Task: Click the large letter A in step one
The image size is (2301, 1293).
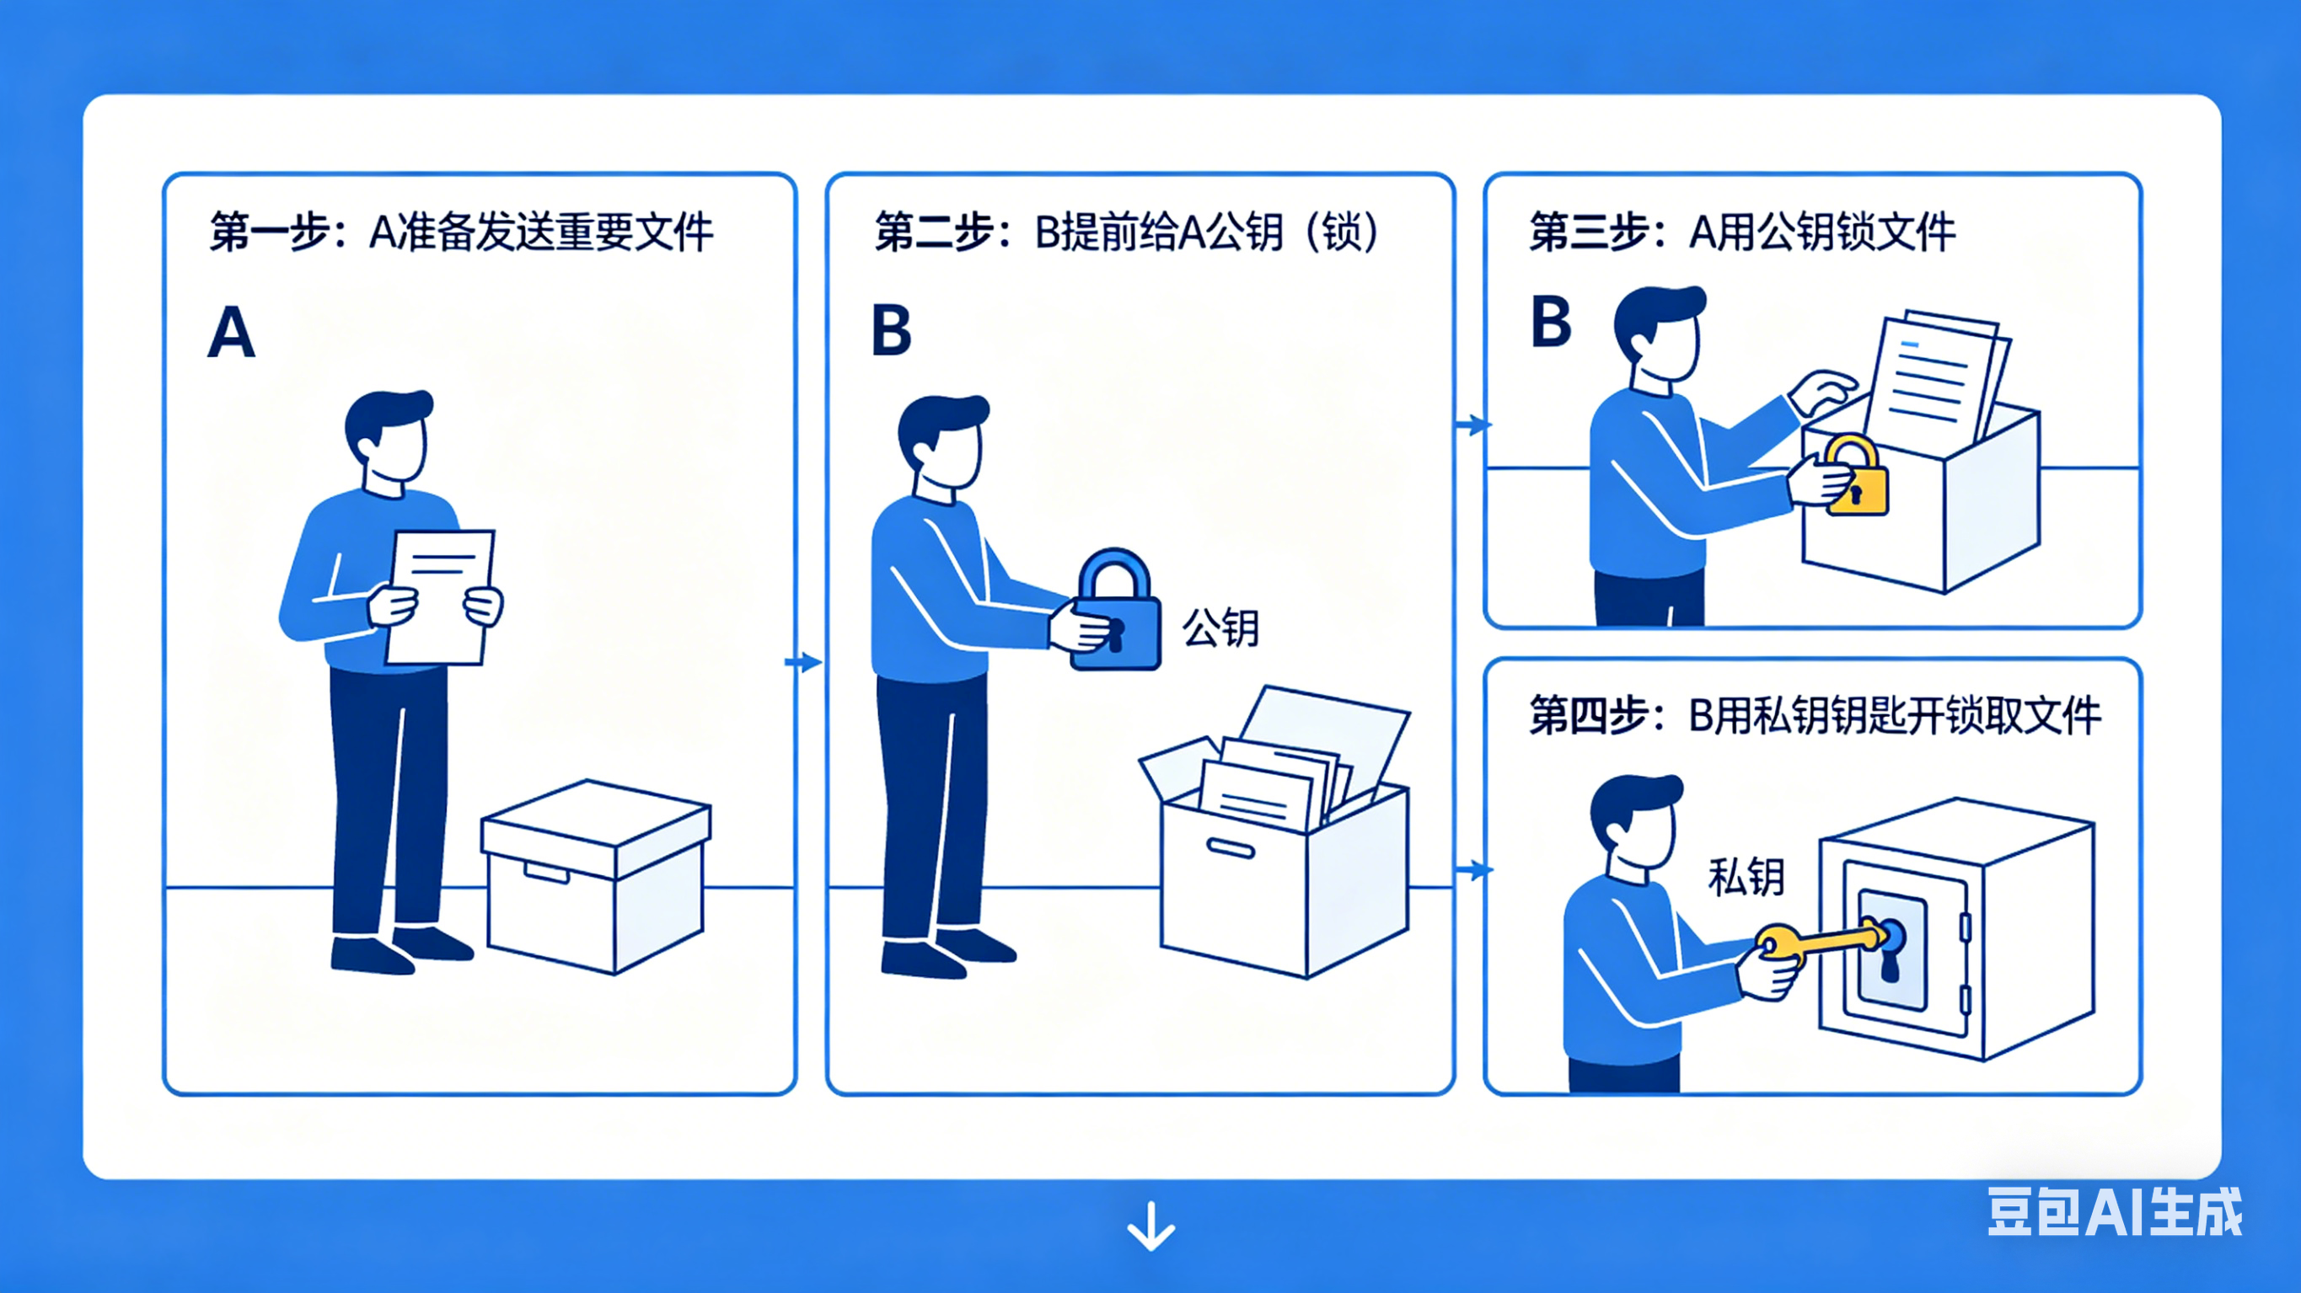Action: [x=231, y=332]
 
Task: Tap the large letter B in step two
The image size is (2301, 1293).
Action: [x=892, y=330]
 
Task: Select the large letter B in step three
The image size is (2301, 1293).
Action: [x=1551, y=322]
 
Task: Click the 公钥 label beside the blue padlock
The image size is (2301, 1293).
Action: [x=1220, y=628]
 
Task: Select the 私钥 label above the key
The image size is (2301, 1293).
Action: [x=1746, y=877]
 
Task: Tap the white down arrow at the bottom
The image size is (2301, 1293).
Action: [x=1150, y=1226]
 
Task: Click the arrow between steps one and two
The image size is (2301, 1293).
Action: [x=803, y=662]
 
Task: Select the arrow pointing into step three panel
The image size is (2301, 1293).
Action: [x=1473, y=425]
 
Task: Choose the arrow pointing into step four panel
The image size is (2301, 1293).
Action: [x=1474, y=868]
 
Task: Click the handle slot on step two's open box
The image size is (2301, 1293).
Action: [x=1231, y=847]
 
